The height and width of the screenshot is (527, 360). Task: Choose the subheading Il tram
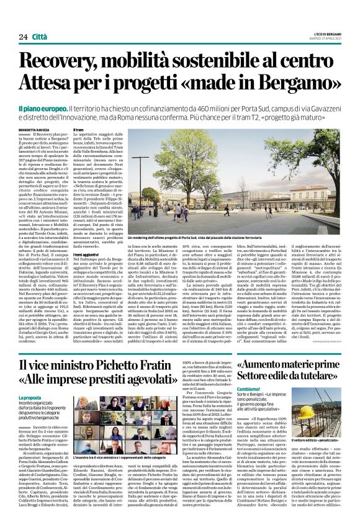pyautogui.click(x=79, y=129)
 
